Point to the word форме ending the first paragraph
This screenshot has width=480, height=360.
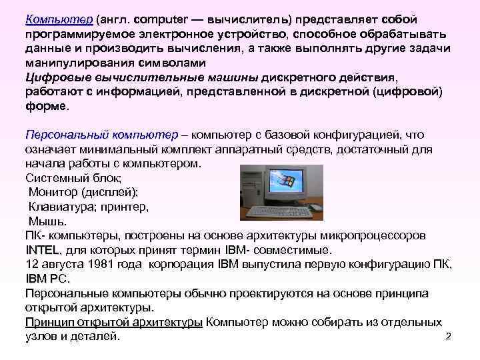[45, 106]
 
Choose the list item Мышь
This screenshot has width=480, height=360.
[46, 221]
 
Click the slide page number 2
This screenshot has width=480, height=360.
[448, 335]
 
